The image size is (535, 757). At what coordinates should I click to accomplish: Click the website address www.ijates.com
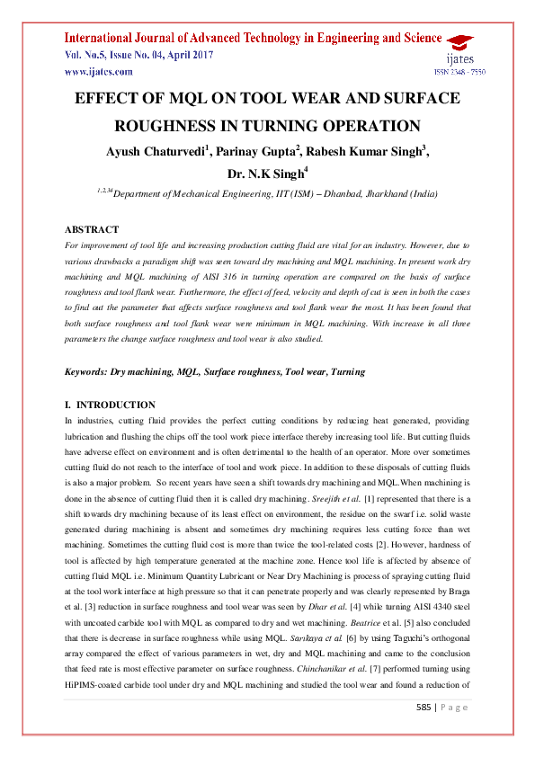[98, 72]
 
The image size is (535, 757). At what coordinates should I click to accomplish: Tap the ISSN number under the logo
[459, 72]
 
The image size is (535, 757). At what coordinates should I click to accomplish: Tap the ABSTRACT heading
[93, 230]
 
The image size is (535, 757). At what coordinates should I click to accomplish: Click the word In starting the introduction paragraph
[71, 421]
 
